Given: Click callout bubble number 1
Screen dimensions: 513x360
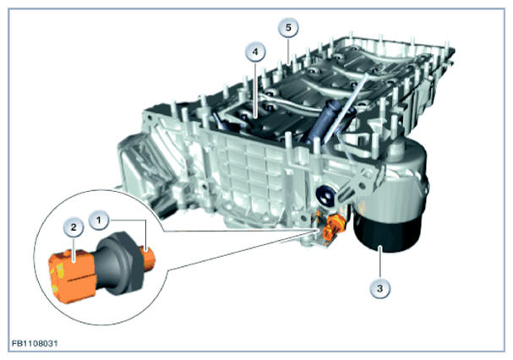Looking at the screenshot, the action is [99, 220].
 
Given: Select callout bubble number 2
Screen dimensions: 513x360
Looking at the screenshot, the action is [73, 226].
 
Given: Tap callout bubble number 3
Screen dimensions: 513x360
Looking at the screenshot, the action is [379, 289].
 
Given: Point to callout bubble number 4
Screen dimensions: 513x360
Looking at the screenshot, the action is [255, 52].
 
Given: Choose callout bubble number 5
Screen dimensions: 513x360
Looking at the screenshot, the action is [288, 28].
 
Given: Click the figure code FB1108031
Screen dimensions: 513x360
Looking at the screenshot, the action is [35, 344].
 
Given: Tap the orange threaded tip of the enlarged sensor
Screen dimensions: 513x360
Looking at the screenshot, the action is [149, 258].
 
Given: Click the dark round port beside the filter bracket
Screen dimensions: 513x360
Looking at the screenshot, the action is [325, 196].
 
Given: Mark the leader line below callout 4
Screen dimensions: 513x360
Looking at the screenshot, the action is [255, 89].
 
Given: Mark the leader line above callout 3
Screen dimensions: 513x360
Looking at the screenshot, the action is [379, 263].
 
